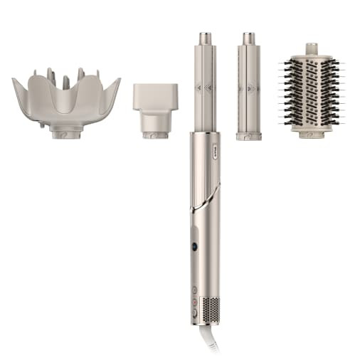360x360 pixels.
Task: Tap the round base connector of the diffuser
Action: (x=66, y=131)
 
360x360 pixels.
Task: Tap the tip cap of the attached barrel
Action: (x=206, y=38)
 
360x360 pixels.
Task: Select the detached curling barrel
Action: (x=249, y=89)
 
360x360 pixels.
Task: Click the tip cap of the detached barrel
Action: (x=249, y=38)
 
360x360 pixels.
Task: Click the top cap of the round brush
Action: (x=311, y=49)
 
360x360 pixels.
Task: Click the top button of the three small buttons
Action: (x=194, y=290)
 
